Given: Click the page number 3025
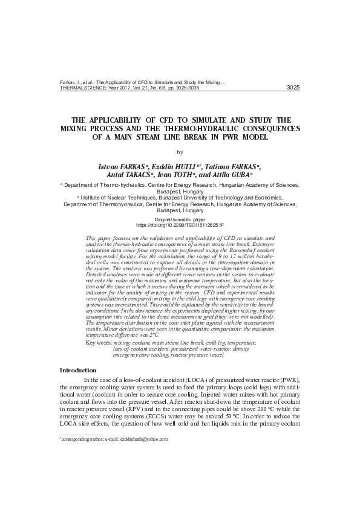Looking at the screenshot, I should [292, 87].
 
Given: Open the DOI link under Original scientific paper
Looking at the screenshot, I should [180, 224].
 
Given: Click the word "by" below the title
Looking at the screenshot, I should [180, 152].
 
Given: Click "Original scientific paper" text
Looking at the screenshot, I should [180, 218].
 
